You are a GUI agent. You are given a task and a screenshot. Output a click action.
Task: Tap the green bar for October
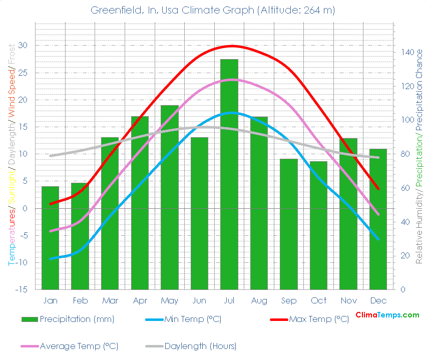coord(318,225)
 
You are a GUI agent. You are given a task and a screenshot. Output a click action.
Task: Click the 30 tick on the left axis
coord(24,46)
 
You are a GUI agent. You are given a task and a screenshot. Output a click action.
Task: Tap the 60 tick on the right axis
coord(404,188)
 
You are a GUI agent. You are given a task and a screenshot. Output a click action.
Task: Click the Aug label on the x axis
coord(259,300)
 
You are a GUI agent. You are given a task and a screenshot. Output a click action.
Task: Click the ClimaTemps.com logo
coord(387,315)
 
